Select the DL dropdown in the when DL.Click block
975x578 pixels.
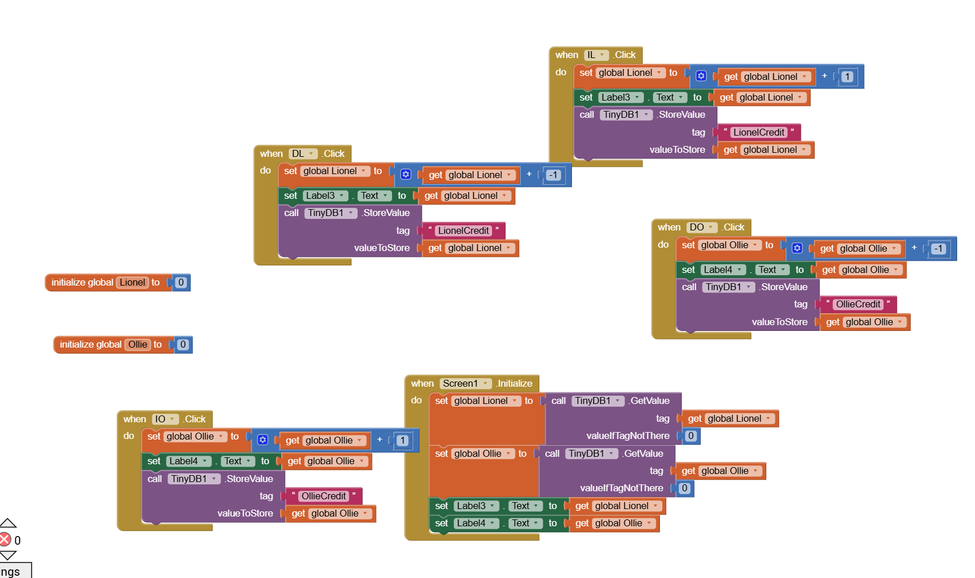[x=303, y=154]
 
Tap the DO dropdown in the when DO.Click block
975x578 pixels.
[x=701, y=228]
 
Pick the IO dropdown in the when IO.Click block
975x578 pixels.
[x=164, y=419]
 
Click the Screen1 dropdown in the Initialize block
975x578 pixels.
[x=466, y=384]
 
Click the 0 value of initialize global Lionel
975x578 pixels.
[x=181, y=283]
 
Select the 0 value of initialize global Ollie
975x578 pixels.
[x=183, y=345]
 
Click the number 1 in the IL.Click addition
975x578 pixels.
[x=847, y=77]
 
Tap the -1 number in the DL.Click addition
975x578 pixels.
[x=553, y=175]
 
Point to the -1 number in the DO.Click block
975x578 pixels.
[x=939, y=249]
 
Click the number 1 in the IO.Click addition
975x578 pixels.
[x=402, y=441]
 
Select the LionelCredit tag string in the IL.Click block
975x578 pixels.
[x=758, y=133]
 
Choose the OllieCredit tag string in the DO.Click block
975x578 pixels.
[x=858, y=305]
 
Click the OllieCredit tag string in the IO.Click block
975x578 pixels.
[x=324, y=496]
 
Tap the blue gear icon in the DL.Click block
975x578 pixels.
[x=406, y=175]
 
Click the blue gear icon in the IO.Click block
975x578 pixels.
[x=263, y=440]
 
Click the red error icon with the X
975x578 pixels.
[x=5, y=540]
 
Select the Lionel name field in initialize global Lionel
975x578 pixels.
[x=132, y=283]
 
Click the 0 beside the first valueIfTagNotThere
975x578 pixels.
[x=691, y=436]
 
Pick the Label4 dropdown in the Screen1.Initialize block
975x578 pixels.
[x=476, y=523]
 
